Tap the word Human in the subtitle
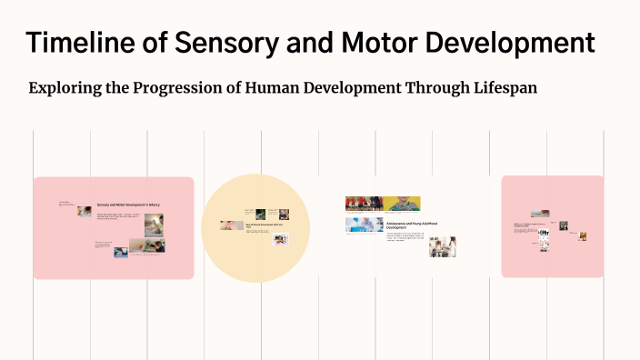304,88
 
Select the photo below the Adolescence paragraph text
443,246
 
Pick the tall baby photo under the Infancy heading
154,225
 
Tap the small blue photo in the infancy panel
120,253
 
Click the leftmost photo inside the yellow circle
225,225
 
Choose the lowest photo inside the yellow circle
281,240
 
